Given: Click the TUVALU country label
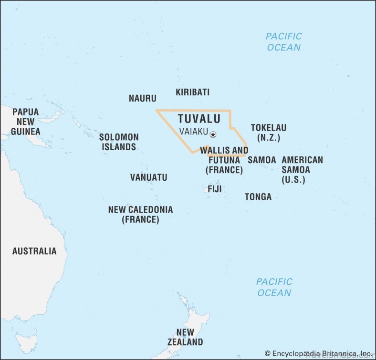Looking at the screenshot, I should [x=199, y=119].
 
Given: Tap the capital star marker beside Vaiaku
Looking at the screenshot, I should [x=213, y=135].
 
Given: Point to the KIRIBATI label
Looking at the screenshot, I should [x=192, y=93].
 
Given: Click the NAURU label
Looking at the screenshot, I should [x=142, y=99].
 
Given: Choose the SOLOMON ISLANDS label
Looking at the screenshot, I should [x=119, y=142].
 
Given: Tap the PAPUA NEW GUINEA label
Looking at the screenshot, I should [x=25, y=122].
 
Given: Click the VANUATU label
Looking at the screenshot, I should [x=149, y=177].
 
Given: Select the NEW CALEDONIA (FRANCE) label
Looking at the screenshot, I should [x=140, y=215].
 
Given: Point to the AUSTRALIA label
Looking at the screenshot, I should [x=34, y=251].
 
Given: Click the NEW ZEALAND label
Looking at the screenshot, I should [x=185, y=337].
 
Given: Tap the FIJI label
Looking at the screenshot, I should [x=214, y=189].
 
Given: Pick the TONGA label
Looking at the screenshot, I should [x=258, y=196].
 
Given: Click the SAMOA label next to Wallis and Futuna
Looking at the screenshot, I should [x=261, y=160].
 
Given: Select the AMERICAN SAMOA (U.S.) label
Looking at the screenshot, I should [x=302, y=170].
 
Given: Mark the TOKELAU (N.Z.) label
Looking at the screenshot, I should [x=269, y=133].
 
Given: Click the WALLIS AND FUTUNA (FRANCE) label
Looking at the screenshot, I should [x=224, y=160].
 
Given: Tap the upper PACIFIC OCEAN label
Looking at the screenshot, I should [x=284, y=42].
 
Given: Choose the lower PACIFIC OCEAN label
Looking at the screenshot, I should [x=274, y=287].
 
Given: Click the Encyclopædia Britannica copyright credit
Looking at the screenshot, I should [x=319, y=353].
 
